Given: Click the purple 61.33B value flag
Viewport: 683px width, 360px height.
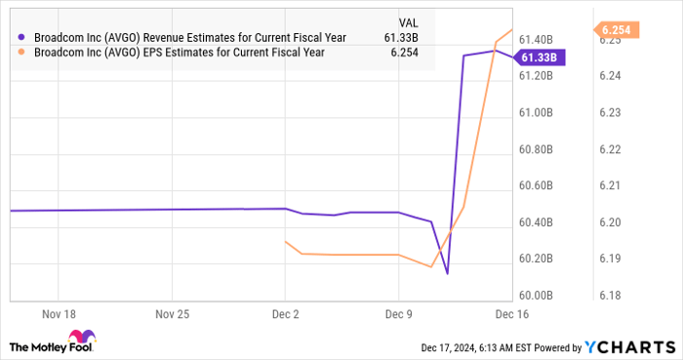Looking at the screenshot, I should pyautogui.click(x=540, y=58).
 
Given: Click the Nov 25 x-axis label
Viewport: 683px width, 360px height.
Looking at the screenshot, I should pyautogui.click(x=171, y=315).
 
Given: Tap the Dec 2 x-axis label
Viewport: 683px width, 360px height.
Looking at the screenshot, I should pyautogui.click(x=285, y=315).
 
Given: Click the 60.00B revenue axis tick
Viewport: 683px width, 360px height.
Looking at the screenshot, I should pyautogui.click(x=537, y=295).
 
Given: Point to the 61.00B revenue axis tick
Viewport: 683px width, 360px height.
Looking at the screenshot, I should pyautogui.click(x=537, y=113).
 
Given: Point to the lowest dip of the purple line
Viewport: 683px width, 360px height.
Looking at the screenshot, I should pyautogui.click(x=447, y=274).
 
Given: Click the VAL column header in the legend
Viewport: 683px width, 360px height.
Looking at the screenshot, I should pyautogui.click(x=411, y=20).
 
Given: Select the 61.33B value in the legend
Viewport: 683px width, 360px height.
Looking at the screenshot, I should pyautogui.click(x=405, y=36).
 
